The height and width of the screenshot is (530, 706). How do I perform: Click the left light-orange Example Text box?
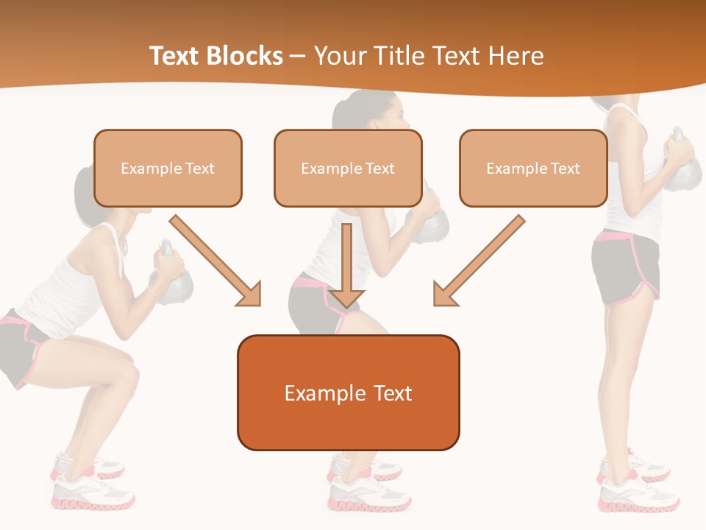coord(168,169)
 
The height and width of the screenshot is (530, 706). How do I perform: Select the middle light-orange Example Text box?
coord(348,169)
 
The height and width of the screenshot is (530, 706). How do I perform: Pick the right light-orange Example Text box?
coord(533,169)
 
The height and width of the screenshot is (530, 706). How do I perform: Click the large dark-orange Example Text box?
coord(348,393)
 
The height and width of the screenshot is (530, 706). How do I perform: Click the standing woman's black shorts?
coord(625,269)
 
